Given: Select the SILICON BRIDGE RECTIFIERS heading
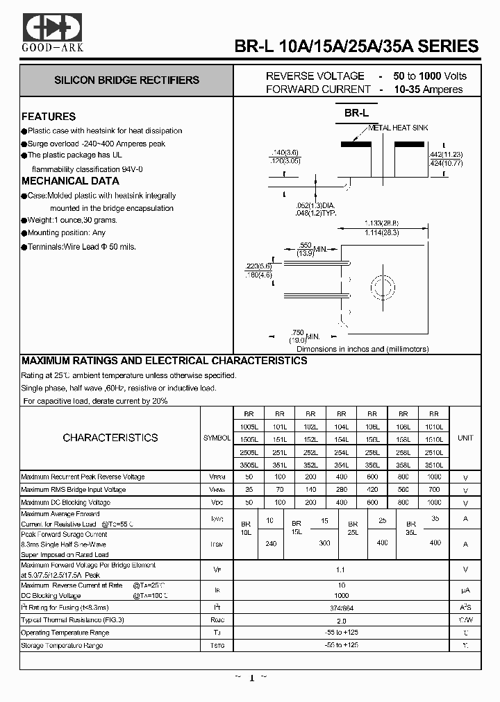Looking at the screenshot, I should pyautogui.click(x=126, y=80).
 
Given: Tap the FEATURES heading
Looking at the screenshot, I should pyautogui.click(x=49, y=117).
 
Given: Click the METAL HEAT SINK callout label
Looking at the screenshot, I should pyautogui.click(x=398, y=128).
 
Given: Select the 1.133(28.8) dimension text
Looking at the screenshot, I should pyautogui.click(x=381, y=223).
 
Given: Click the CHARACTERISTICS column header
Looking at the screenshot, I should pyautogui.click(x=110, y=438).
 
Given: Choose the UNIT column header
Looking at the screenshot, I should pyautogui.click(x=465, y=438).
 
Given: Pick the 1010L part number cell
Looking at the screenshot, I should pyautogui.click(x=434, y=426).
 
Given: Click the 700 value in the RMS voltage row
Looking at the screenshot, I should pyautogui.click(x=434, y=490).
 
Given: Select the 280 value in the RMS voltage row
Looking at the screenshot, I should pyautogui.click(x=341, y=490).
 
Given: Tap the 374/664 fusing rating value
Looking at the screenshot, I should pyautogui.click(x=341, y=607).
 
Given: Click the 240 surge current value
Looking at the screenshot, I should pyautogui.click(x=271, y=543).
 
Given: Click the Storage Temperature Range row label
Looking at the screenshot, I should pyautogui.click(x=62, y=645).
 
